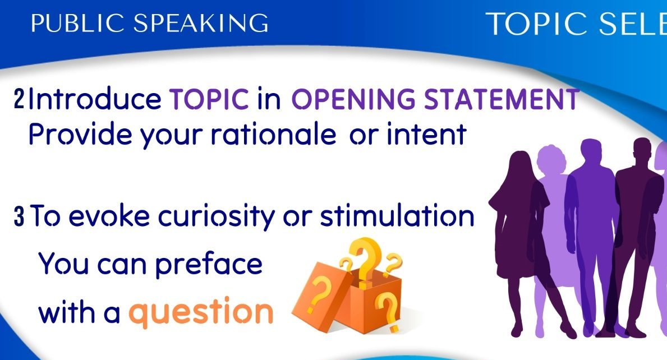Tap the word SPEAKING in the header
[x=201, y=23]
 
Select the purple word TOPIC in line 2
[x=209, y=99]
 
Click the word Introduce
[x=94, y=99]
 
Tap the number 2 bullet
[x=19, y=99]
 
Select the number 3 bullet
[x=19, y=216]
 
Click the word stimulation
[x=397, y=216]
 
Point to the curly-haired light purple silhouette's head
[x=551, y=160]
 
